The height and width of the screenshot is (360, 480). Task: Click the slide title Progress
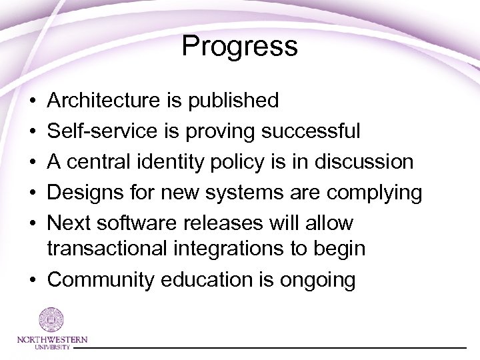coord(239,47)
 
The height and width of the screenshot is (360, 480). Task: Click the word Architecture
coord(101,101)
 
